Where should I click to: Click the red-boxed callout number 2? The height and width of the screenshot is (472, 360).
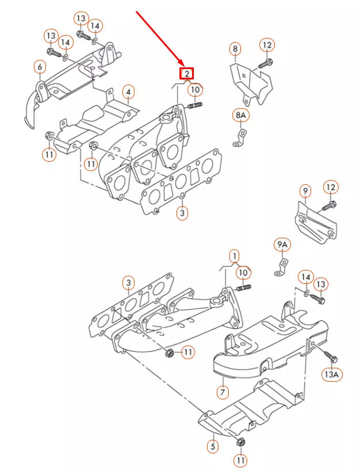point(187,74)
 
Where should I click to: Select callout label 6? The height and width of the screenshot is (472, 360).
point(40,68)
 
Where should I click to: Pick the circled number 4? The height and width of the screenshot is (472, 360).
point(129,92)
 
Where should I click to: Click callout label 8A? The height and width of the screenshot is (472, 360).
point(241,116)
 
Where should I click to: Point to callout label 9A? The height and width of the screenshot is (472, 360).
point(282,246)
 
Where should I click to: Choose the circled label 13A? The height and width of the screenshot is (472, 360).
point(332,375)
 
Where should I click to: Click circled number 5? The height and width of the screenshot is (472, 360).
point(212,446)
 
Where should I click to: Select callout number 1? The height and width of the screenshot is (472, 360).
point(234,255)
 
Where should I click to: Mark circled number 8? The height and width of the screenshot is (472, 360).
point(235,50)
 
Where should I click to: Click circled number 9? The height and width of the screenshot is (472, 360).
point(305,190)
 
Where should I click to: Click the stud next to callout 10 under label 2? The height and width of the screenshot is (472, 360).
point(194,105)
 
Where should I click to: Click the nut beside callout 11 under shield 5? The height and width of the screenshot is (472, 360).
point(240,441)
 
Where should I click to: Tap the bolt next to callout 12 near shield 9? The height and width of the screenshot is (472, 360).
point(330,205)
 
